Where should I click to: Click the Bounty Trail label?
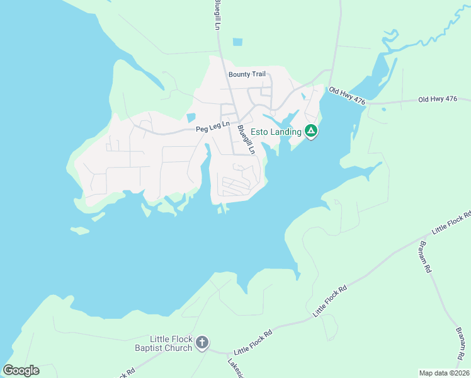247,74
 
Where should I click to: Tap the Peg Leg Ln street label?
211,129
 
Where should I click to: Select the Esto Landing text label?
277,132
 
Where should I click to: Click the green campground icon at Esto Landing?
310,131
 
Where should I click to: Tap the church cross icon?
201,343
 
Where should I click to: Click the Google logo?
21,370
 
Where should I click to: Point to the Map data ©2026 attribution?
444,372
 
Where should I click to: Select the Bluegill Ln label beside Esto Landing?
245,139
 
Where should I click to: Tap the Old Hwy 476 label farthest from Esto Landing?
438,100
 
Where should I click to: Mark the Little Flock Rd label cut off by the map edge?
451,225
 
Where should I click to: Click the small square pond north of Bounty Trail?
237,42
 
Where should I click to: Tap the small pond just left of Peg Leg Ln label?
191,118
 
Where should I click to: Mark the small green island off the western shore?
80,231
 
